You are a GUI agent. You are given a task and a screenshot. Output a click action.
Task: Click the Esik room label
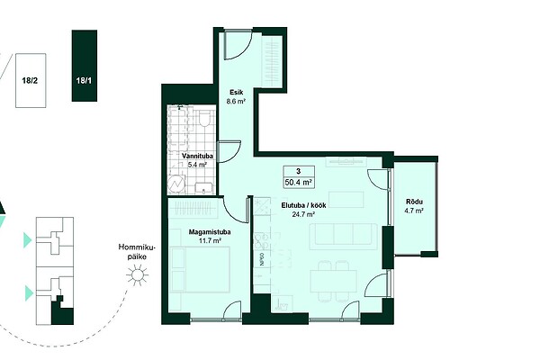(x=237, y=92)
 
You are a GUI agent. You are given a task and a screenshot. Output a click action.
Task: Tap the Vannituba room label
(x=197, y=156)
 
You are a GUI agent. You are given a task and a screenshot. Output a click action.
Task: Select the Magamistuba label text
(x=210, y=232)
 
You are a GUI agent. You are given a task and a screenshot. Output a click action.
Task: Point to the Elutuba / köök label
(x=303, y=205)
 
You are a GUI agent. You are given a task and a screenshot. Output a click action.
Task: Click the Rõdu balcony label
(x=414, y=202)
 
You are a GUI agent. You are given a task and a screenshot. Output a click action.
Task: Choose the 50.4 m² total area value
(x=299, y=182)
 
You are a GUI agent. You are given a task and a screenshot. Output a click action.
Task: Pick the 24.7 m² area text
(x=303, y=214)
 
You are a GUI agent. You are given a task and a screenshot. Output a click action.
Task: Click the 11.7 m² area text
(x=210, y=241)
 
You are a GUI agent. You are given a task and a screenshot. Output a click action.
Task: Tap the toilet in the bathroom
(x=204, y=118)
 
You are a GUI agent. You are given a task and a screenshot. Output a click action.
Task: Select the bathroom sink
(x=204, y=188)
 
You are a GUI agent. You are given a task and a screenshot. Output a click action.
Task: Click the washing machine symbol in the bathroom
(x=176, y=184)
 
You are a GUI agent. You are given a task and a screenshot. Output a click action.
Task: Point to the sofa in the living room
(x=343, y=236)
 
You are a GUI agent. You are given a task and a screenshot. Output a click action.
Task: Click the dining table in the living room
(x=333, y=281)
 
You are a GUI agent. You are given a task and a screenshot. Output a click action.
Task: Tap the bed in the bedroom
(x=200, y=270)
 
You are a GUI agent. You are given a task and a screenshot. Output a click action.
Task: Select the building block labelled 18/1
(x=85, y=66)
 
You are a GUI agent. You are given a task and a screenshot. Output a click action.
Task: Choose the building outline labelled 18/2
(x=31, y=81)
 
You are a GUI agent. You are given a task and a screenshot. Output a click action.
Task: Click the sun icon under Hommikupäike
(x=137, y=275)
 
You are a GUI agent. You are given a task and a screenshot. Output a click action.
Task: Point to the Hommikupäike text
(x=137, y=252)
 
